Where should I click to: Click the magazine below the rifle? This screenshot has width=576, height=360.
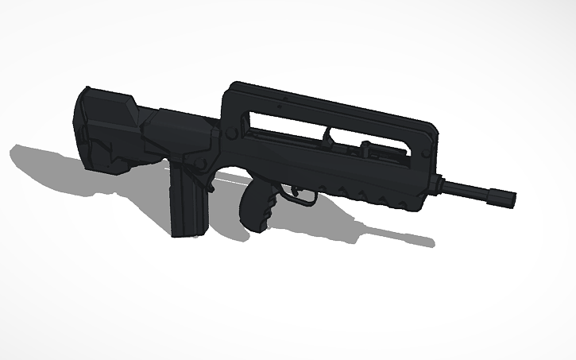pos(189,203)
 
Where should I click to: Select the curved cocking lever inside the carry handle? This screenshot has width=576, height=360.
pos(327,138)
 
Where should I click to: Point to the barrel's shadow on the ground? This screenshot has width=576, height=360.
pos(397,234)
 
